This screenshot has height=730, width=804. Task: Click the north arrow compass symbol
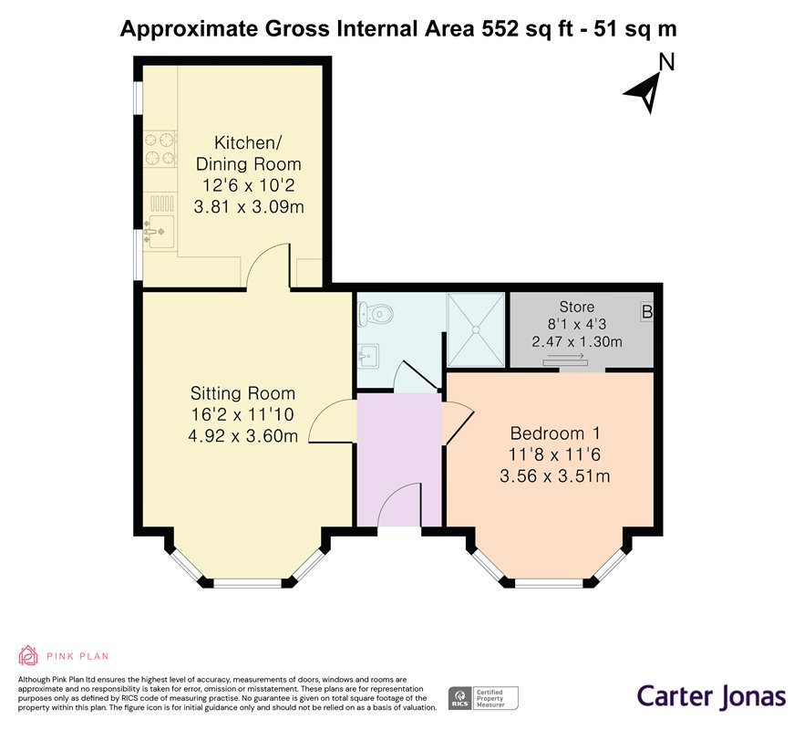[645, 90]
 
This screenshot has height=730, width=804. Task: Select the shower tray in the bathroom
[476, 329]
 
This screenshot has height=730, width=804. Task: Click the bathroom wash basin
[368, 355]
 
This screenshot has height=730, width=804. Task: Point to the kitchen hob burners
[160, 149]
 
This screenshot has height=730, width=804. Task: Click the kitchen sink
[159, 231]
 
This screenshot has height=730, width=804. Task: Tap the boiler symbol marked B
[646, 312]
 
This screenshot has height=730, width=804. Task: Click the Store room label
[577, 307]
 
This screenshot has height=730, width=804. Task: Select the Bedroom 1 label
[555, 433]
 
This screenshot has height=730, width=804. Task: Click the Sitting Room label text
[242, 394]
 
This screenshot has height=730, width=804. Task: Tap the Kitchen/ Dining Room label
[248, 153]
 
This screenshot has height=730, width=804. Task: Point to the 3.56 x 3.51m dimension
[555, 476]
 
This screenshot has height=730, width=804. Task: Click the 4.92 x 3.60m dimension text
[242, 436]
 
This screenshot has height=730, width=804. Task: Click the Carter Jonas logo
[711, 696]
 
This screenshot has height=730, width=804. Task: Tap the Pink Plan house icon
[28, 655]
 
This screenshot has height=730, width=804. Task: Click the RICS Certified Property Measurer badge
[483, 699]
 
